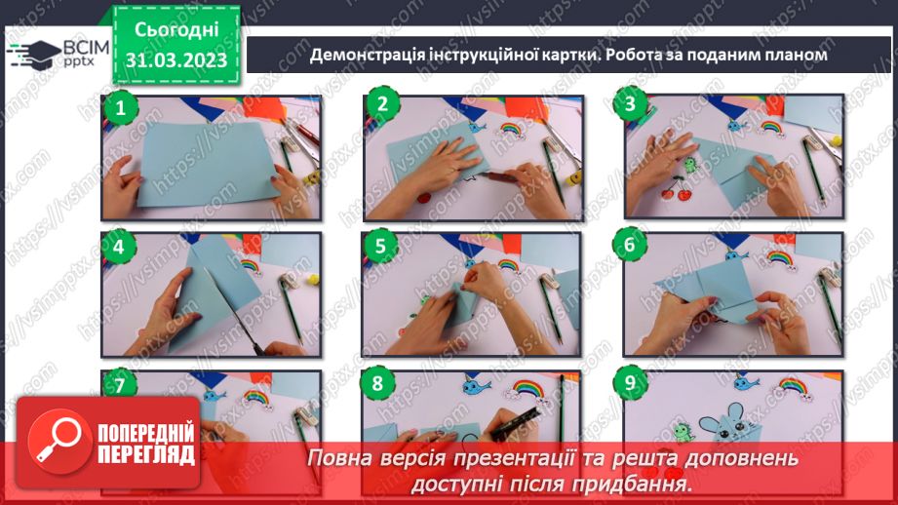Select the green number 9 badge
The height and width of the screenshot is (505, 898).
click(631, 384)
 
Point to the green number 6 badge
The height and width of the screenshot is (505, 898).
click(630, 246)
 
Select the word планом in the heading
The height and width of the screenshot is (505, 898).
click(794, 56)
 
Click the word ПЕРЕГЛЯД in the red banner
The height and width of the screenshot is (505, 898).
click(146, 454)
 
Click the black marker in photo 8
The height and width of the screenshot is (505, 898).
click(514, 418)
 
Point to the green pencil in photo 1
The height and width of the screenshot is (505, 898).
click(291, 160)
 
